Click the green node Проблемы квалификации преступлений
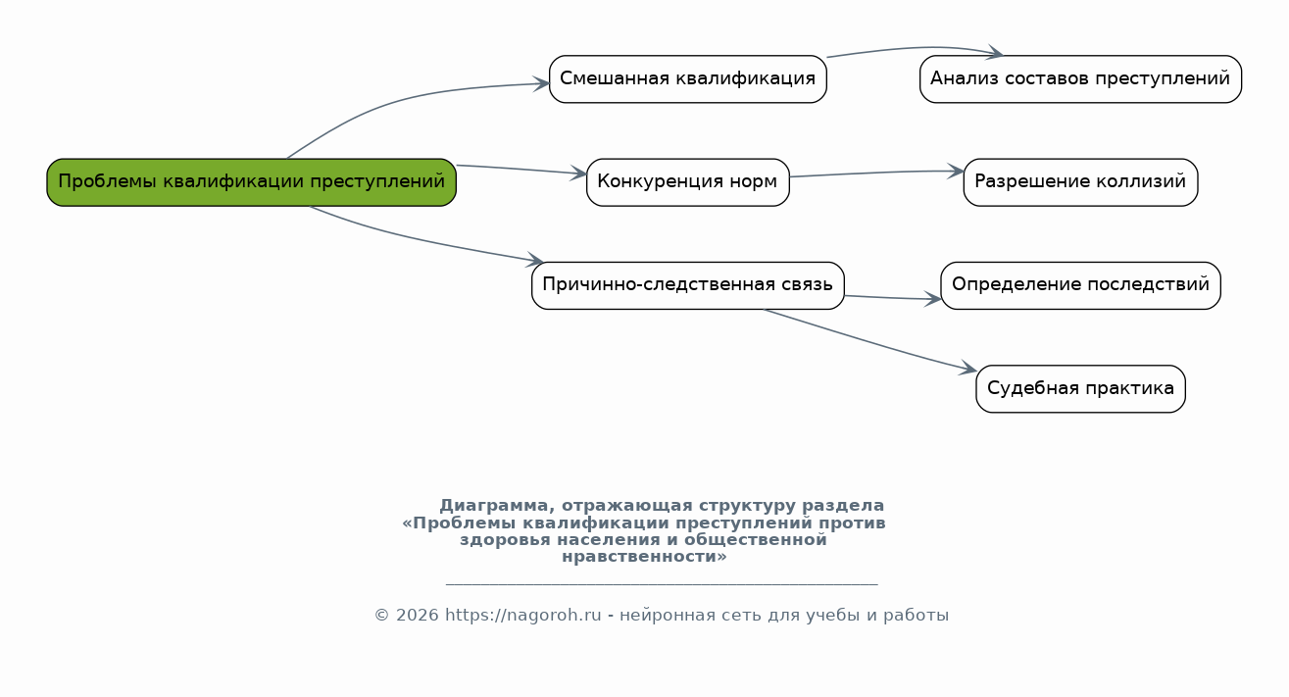point(252,182)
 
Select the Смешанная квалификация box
point(688,79)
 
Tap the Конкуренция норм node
point(688,182)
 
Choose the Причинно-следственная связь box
point(688,285)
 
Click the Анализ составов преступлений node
point(1080,79)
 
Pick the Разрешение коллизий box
point(1080,182)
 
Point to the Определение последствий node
point(1080,285)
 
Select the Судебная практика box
point(1080,388)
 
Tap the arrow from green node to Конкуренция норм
point(521,170)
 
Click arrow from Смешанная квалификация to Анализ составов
point(915,48)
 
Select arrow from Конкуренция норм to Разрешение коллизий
point(876,173)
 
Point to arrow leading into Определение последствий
point(892,298)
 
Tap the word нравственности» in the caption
point(645,557)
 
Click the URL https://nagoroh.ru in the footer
point(523,616)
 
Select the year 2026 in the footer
point(418,616)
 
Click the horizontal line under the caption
point(662,585)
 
